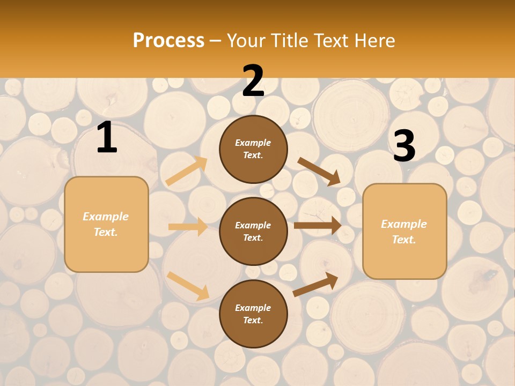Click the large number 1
107,138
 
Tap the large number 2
253,81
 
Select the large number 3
404,146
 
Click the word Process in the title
168,40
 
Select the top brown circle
253,149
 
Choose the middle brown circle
253,231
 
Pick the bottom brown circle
253,314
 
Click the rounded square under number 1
106,224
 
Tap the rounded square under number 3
404,231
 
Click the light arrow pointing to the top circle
187,171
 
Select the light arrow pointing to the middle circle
188,227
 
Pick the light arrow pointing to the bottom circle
188,286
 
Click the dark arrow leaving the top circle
319,171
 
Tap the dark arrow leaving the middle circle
318,226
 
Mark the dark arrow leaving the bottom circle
316,284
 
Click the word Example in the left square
106,217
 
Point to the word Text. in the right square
404,240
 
